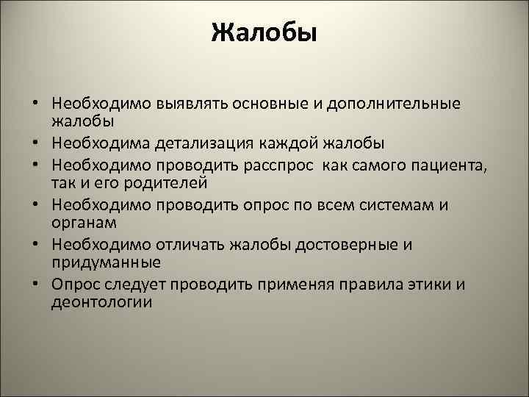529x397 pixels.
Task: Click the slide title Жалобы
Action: pos(264,33)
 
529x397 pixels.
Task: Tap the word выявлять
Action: pos(190,104)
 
